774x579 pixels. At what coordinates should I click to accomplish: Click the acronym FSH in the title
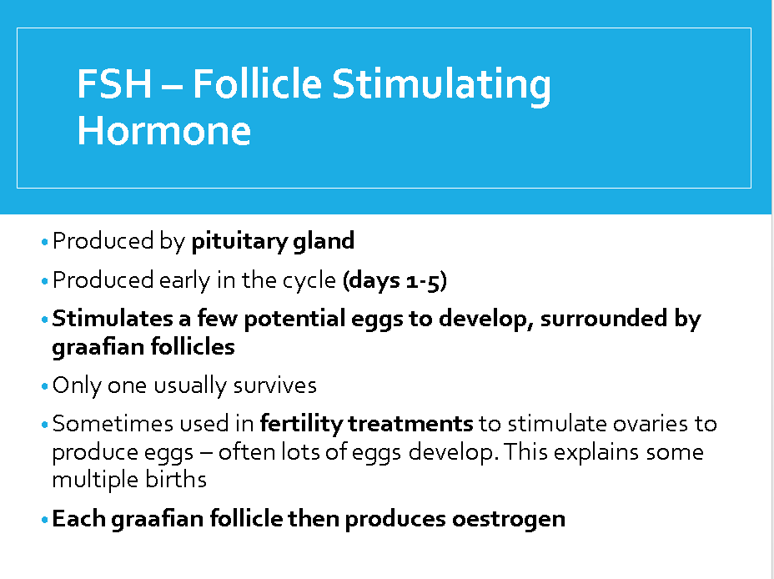coord(114,84)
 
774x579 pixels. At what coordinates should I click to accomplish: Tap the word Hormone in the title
coord(163,131)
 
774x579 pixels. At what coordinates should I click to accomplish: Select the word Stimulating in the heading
coord(441,87)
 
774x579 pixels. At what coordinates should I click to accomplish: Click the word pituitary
coord(239,241)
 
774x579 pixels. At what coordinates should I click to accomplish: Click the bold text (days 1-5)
coord(395,280)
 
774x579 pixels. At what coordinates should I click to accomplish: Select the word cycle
coord(309,281)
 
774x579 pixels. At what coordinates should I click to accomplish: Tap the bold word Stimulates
coord(113,319)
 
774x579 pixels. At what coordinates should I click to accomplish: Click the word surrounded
coord(604,319)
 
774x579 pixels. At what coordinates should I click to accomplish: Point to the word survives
coord(275,385)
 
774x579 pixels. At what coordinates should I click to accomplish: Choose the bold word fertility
coord(301,425)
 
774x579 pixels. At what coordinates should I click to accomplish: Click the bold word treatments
coord(410,424)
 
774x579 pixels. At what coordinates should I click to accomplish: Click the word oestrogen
coord(509,520)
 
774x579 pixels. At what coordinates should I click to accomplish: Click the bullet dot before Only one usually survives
coord(45,386)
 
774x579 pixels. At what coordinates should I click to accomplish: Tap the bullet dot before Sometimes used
coord(45,425)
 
